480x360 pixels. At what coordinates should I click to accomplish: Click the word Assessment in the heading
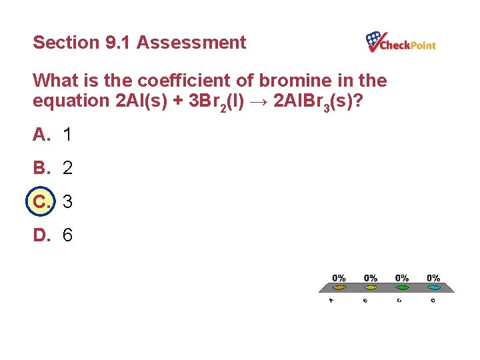[191, 43]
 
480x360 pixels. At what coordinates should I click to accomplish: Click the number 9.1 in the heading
[119, 43]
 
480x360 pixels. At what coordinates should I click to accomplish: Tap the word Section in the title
[66, 43]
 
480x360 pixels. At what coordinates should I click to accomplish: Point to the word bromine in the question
[290, 81]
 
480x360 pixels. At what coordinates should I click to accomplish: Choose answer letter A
[41, 135]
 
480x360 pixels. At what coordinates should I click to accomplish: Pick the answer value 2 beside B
[67, 168]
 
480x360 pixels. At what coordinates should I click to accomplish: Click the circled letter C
[41, 201]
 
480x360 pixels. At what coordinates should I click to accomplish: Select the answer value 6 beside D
[67, 235]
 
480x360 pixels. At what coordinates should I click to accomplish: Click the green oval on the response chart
[402, 288]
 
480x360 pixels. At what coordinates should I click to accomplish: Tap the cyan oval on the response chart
[433, 288]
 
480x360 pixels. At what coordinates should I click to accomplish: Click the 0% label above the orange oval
[339, 278]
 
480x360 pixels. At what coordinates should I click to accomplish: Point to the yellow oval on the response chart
[371, 288]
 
